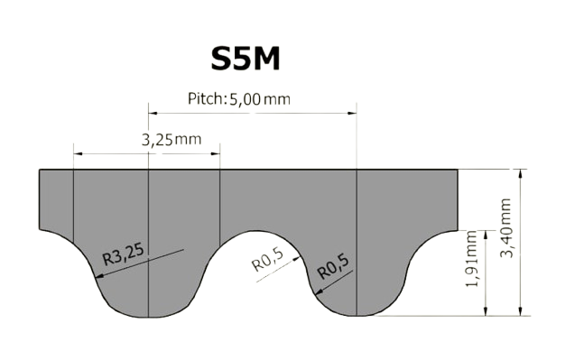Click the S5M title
[245, 59]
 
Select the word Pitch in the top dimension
[205, 98]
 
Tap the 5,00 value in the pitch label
[245, 98]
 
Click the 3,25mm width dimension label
[171, 140]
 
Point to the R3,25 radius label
[124, 254]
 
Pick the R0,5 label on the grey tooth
[333, 267]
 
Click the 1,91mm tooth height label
[472, 259]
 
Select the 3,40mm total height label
[506, 227]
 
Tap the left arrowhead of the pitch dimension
[153, 113]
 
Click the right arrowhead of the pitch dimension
[352, 113]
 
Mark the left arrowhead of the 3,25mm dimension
[78, 153]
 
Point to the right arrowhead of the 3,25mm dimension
[216, 153]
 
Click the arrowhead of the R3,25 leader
[100, 276]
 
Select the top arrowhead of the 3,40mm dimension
[520, 174]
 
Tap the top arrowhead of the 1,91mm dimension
[486, 235]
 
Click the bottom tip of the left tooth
[148, 318]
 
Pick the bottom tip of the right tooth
[357, 316]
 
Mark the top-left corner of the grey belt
[40, 170]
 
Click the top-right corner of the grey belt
[458, 170]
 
